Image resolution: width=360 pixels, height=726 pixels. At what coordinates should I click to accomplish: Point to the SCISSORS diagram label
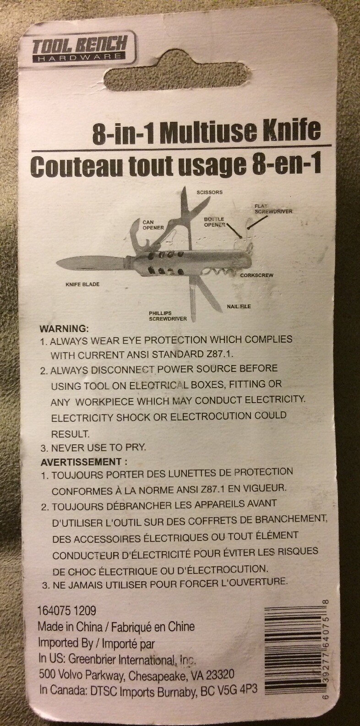[210, 192]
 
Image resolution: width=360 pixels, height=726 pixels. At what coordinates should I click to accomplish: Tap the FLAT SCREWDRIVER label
[273, 209]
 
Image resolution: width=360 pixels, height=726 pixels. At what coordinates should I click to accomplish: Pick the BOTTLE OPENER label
[214, 222]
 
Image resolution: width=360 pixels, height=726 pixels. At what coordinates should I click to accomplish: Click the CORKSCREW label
[257, 275]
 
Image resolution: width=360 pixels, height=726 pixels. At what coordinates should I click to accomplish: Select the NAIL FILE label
[239, 306]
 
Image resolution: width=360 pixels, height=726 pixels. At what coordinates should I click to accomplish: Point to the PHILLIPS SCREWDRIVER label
[168, 316]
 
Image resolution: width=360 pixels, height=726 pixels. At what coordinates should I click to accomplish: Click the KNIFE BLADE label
[82, 284]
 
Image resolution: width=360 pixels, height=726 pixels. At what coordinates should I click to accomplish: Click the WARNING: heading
[64, 328]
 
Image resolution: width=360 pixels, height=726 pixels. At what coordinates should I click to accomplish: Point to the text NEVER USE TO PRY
[98, 448]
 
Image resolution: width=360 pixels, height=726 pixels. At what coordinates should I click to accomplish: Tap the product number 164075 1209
[67, 611]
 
